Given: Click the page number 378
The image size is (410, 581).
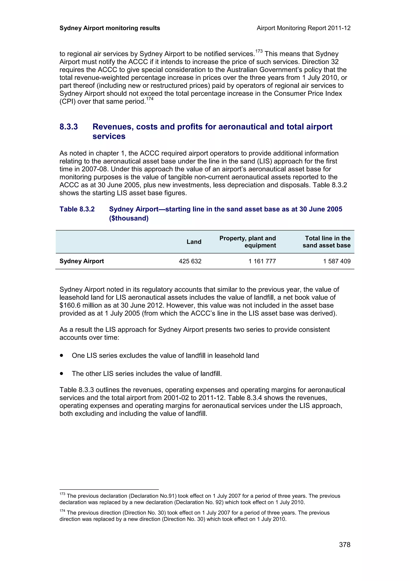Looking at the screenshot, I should tap(344, 545).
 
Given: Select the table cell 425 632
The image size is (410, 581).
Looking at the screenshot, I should tap(190, 261).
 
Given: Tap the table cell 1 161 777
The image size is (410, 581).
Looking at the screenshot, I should tap(262, 261).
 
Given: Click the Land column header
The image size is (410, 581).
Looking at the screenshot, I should tap(194, 242).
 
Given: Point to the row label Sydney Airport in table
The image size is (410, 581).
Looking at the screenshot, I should tap(82, 261).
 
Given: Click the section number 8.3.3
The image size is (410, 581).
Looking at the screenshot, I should tap(69, 127).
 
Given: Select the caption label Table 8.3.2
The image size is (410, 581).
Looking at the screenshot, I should tap(77, 209).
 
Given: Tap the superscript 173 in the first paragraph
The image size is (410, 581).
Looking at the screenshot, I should tap(259, 51).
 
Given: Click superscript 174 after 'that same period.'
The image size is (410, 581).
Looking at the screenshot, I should tap(150, 99).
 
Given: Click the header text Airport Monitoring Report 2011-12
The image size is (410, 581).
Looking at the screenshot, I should tap(303, 28).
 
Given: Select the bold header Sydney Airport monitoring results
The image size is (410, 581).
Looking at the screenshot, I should tap(110, 28).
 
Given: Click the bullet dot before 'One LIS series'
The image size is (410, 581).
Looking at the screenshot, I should tap(61, 355).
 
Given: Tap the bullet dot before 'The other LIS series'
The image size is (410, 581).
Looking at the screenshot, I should tap(61, 373).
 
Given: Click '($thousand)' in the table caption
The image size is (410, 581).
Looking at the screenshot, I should tap(129, 218).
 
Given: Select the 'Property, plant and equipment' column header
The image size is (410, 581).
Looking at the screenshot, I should tap(248, 242).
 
